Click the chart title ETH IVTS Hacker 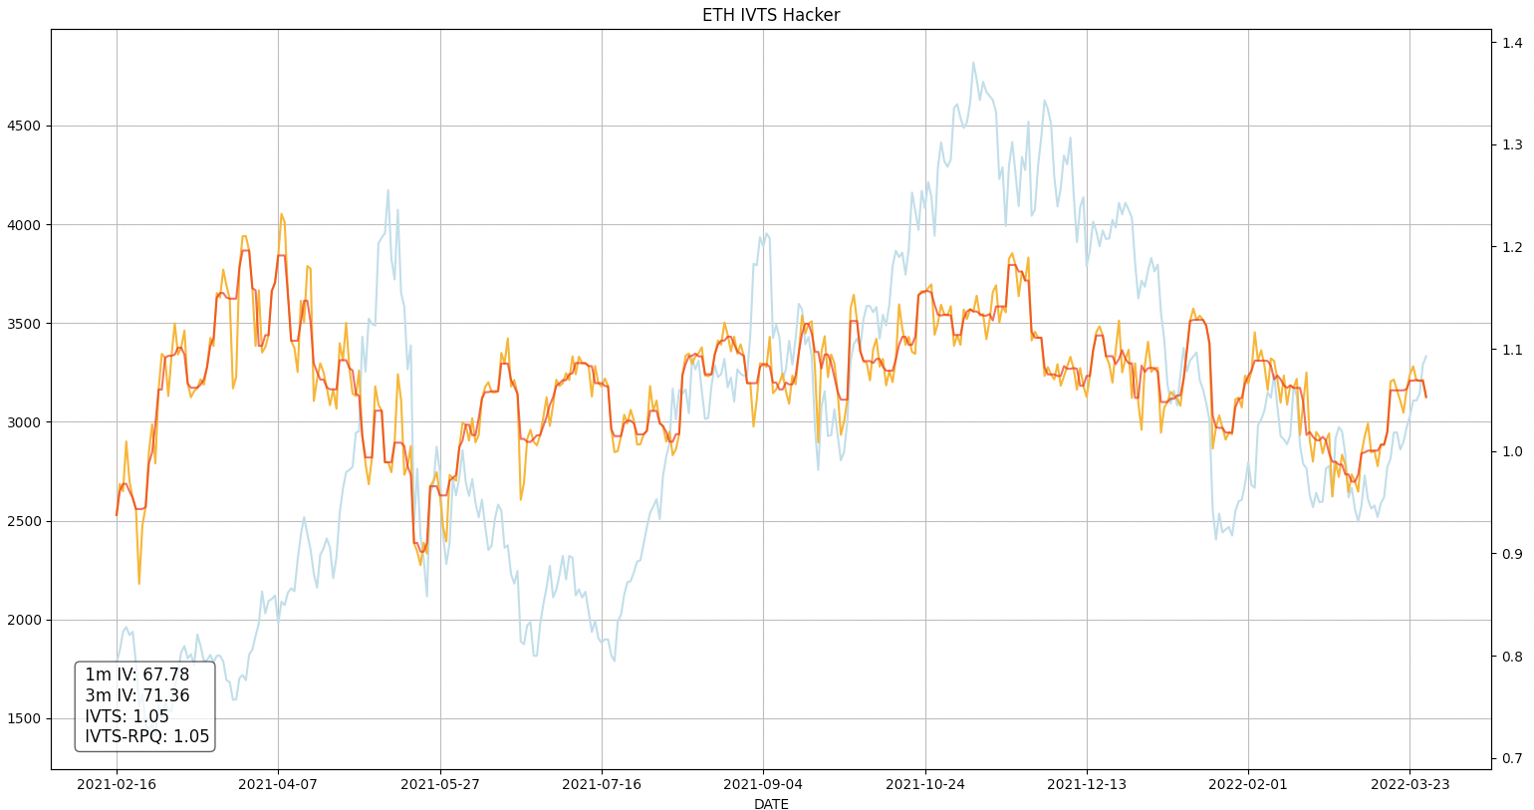pos(770,15)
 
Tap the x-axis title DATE pos(770,804)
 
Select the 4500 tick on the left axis pos(24,127)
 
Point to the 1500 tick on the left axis pos(24,719)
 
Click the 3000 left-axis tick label pos(24,422)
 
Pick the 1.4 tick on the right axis pos(1512,43)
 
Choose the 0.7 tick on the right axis pos(1512,759)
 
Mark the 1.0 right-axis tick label pos(1512,452)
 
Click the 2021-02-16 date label pos(117,785)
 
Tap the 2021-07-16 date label pos(602,785)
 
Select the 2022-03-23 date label pos(1409,785)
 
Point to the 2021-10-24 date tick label pos(924,785)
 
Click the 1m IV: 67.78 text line pos(136,675)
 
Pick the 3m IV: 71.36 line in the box pos(136,695)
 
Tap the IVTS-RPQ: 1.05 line pos(146,737)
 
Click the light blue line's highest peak pos(973,63)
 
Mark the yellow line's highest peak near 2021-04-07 pos(281,213)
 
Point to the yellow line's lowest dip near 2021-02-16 pos(138,584)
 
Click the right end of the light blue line pos(1425,357)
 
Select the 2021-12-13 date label pos(1086,785)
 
